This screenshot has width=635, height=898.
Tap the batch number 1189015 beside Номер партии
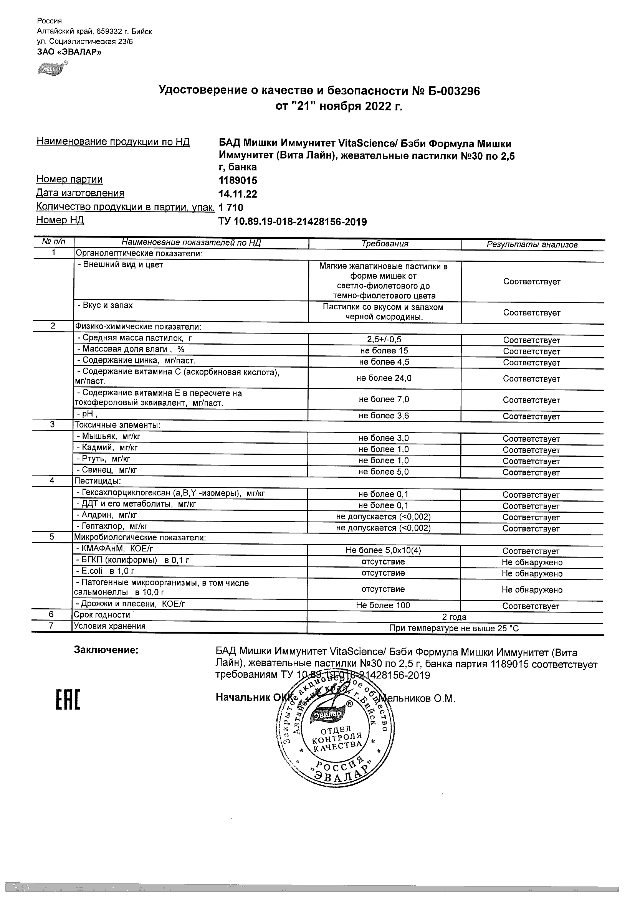coord(238,181)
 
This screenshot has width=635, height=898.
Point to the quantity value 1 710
coord(231,208)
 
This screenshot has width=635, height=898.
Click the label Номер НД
coord(60,220)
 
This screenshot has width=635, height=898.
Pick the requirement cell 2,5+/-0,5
coord(384,340)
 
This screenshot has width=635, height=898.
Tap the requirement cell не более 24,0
coord(384,378)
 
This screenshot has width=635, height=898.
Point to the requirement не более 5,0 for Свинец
coord(384,472)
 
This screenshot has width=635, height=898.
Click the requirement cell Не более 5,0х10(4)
coord(383,550)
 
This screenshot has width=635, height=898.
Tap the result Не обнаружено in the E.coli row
coord(532,574)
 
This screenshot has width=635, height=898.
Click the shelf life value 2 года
coord(454,617)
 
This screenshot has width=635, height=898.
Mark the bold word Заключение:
coord(106,650)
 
